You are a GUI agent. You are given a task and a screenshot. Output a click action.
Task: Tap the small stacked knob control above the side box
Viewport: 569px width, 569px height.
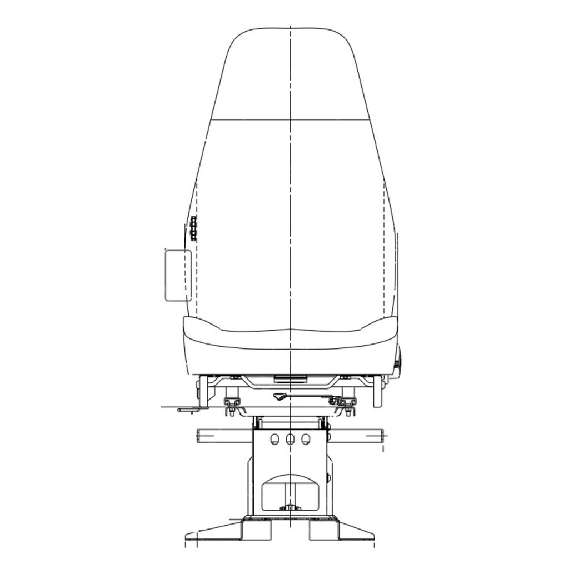[193, 228]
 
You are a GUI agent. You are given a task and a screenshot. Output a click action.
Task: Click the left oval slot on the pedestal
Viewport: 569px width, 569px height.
[273, 440]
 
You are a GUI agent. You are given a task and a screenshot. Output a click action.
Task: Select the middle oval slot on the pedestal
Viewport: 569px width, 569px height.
[290, 440]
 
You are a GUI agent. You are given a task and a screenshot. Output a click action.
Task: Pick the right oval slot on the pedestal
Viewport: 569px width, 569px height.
[305, 440]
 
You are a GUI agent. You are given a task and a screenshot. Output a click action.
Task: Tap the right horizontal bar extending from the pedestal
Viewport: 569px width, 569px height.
[356, 436]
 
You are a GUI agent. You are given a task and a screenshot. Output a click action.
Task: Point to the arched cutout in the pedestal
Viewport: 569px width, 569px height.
[290, 489]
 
